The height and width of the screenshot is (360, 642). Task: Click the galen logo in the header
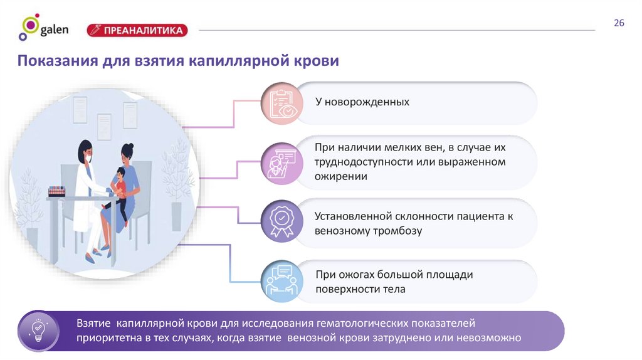point(43,28)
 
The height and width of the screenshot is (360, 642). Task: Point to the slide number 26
point(619,23)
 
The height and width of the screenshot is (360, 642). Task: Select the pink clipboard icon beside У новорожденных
point(282,103)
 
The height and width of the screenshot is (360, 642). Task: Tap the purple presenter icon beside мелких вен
point(282,162)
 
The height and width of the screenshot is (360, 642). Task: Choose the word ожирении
point(341,177)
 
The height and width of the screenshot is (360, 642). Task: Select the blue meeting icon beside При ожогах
point(282,281)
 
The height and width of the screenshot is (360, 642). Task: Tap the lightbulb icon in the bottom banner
point(38,331)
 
